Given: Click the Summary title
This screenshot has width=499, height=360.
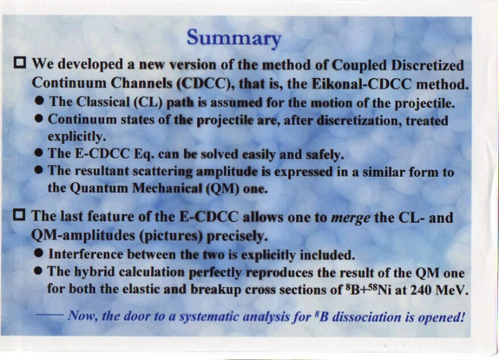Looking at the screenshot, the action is [234, 38].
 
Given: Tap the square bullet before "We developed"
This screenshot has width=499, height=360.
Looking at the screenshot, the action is [20, 62].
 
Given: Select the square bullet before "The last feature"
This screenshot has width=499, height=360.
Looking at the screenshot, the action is [20, 215].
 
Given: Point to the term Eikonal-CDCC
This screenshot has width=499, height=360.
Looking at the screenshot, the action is [362, 84].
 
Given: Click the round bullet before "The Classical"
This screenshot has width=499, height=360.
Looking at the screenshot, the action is [39, 101].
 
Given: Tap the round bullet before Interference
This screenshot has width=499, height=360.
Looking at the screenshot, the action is [39, 253].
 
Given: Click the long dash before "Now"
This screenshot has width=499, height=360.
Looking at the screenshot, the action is [50, 315].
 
